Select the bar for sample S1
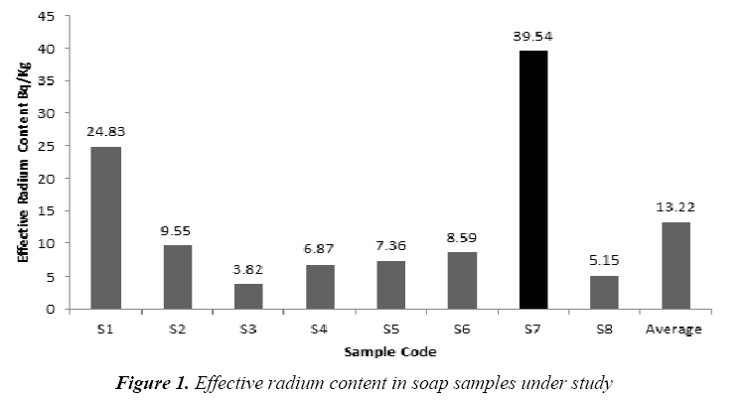coord(106,227)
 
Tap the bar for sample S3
coord(248,296)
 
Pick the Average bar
coord(675,265)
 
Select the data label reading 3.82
coord(248,269)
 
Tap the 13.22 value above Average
coord(675,207)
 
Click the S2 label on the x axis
coord(177,329)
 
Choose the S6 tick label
coord(462,329)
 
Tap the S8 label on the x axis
coord(604,329)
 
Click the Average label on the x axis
coord(675,329)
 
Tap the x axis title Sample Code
coord(390,352)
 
